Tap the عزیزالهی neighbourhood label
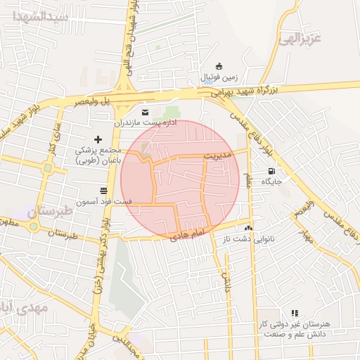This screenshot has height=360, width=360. point(300,39)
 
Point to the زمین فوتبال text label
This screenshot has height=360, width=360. point(220,76)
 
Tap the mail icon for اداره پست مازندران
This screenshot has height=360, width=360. point(146,112)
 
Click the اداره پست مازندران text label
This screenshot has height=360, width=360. point(147,122)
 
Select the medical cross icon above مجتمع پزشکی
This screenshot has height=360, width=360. point(98,139)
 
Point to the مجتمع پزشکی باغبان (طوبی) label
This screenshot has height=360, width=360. point(98,155)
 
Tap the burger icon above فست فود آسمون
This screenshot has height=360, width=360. point(103,191)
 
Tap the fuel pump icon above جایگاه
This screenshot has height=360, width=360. point(271,171)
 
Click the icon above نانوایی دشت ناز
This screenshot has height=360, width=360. point(247,228)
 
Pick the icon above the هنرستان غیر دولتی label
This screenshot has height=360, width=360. point(295,313)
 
